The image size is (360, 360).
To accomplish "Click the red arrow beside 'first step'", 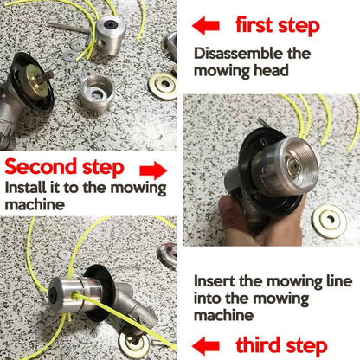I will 208,23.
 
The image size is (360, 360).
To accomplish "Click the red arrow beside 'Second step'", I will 152,167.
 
